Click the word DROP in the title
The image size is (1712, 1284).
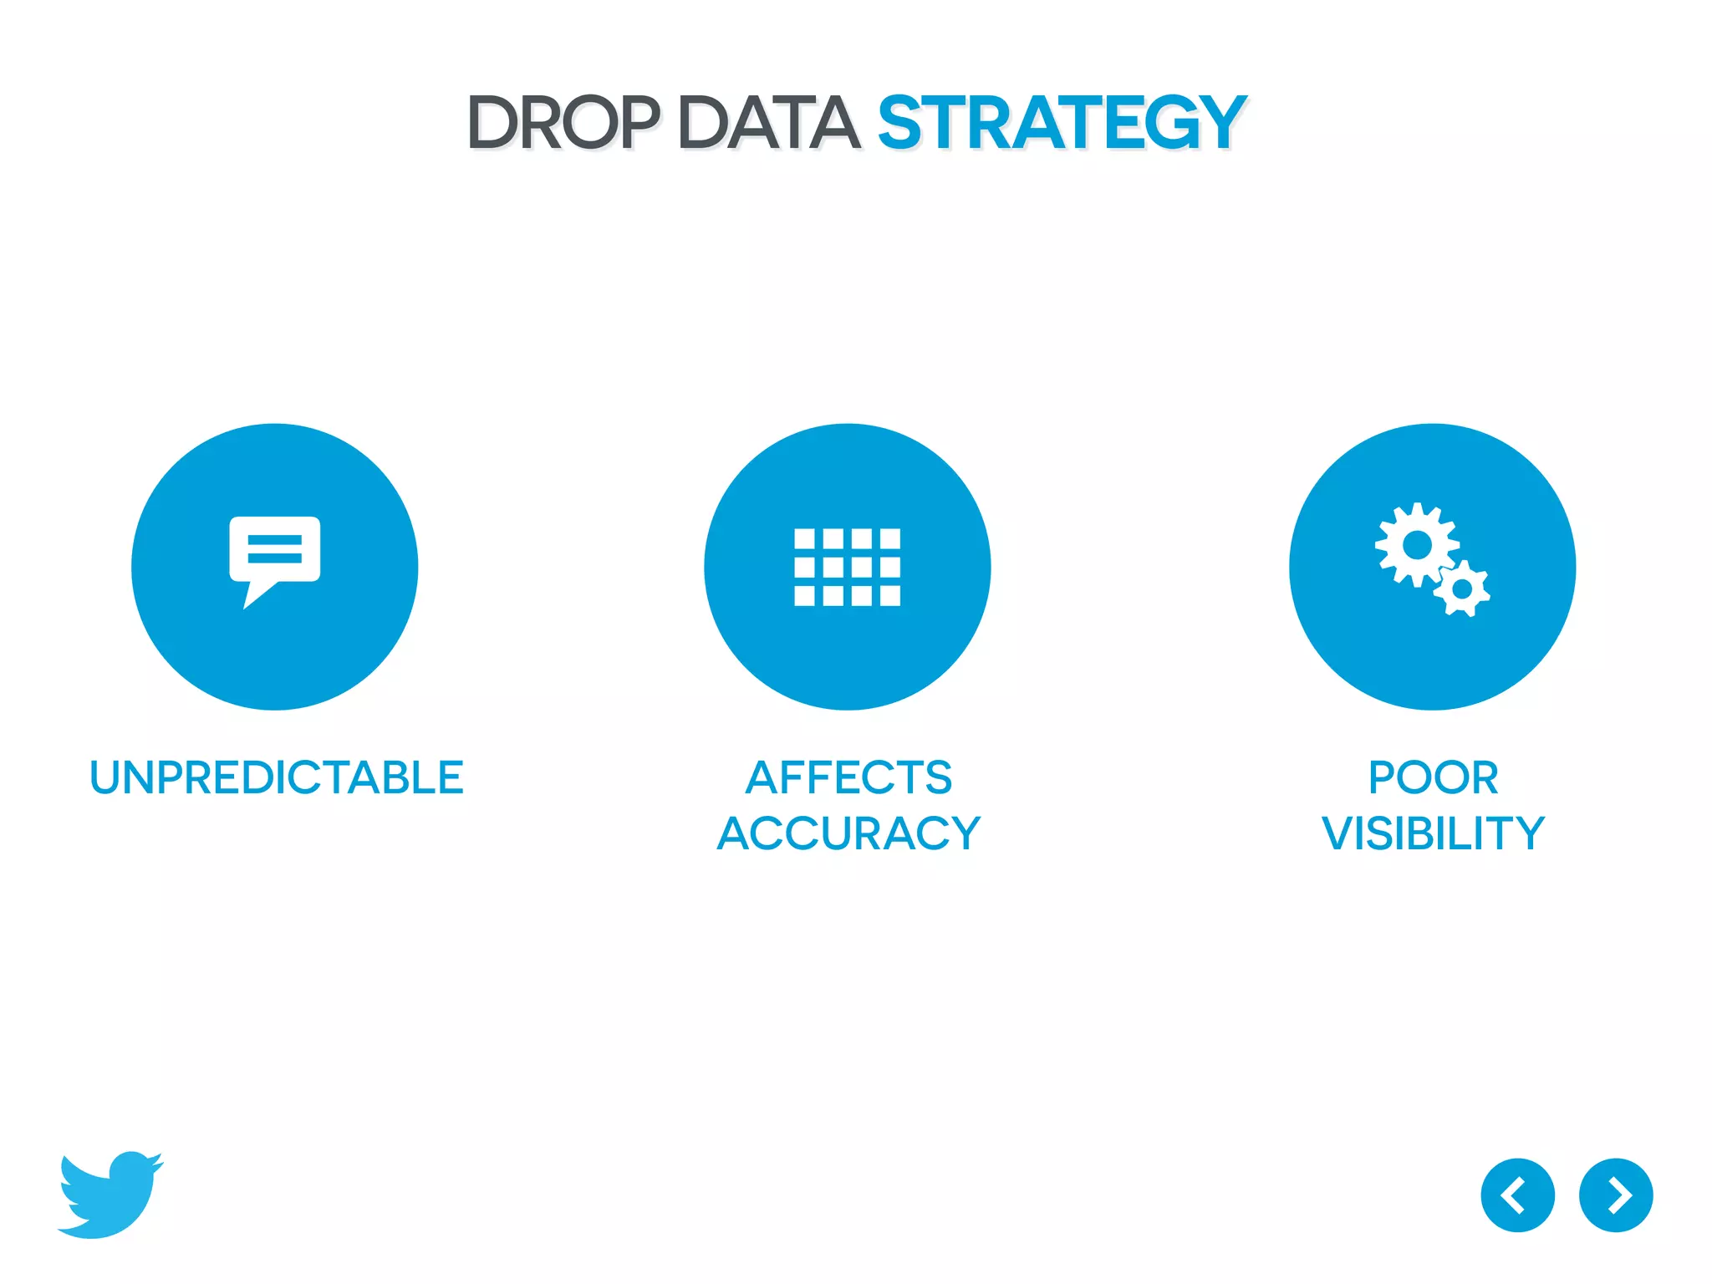coord(563,123)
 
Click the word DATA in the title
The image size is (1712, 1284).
coord(768,123)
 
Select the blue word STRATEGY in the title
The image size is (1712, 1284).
coord(1062,123)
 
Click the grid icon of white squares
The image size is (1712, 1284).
coord(847,567)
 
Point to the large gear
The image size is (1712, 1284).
coord(1416,545)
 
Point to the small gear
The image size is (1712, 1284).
coord(1462,589)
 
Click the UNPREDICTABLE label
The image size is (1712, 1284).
coord(276,777)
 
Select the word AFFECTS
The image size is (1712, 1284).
coord(848,777)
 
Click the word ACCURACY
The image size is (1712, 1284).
coord(848,833)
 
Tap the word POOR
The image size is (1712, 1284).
coord(1433,777)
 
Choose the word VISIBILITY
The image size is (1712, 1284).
coord(1433,833)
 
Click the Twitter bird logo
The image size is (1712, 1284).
coord(109,1195)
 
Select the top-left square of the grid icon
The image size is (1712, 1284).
coord(804,538)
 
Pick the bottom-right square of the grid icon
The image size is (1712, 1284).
coord(890,595)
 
